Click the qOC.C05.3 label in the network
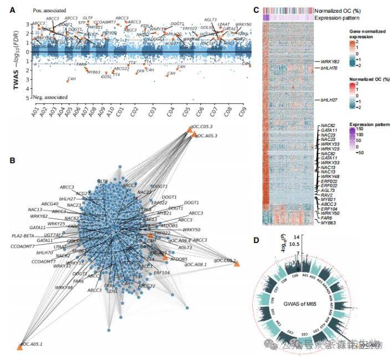click(204, 127)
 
